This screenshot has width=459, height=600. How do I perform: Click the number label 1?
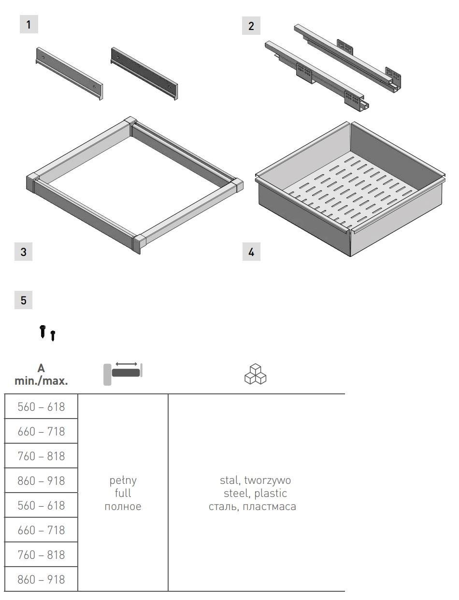pos(29,25)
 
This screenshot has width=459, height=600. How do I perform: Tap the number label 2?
pos(251,26)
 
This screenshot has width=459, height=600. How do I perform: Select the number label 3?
pos(23,252)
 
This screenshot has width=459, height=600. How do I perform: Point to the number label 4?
pos(251,252)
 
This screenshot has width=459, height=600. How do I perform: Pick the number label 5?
pos(23,300)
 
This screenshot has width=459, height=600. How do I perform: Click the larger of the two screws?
pos(43,331)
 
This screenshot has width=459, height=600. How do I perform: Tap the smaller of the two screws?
pos(53,336)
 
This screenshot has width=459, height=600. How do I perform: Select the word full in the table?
pos(123,493)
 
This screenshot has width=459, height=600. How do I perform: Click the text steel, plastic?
pos(255,494)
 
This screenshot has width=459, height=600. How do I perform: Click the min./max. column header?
pos(41,381)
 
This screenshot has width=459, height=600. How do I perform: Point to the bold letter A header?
pos(41,368)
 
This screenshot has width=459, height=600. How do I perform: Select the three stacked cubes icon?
pos(255,374)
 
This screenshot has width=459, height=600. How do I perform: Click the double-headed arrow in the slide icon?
pos(126,364)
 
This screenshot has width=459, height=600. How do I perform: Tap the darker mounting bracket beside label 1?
pos(144,73)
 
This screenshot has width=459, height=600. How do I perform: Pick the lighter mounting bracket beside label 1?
pos(69,73)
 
